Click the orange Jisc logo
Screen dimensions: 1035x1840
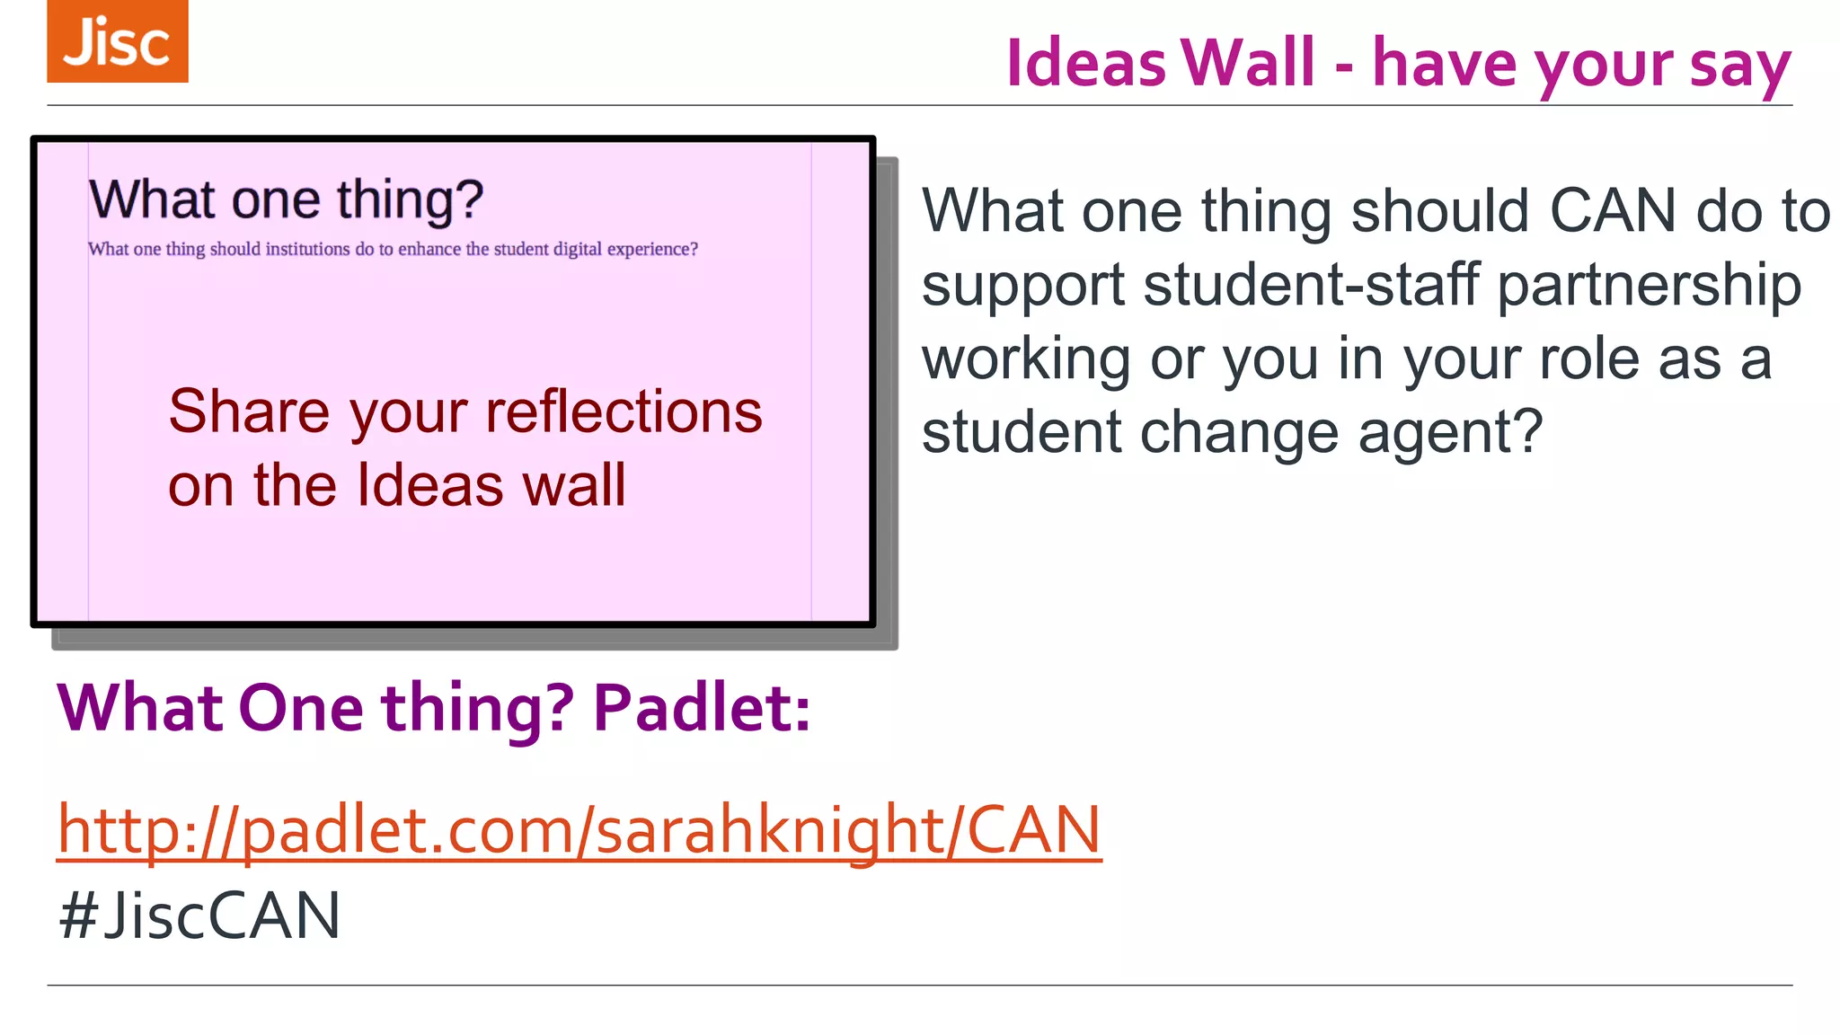[118, 41]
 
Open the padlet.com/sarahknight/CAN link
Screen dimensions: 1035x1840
[579, 829]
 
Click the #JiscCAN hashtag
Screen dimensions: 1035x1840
[199, 916]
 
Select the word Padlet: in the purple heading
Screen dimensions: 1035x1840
[702, 708]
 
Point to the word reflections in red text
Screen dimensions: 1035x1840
[624, 411]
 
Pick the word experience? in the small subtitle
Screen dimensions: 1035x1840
[652, 249]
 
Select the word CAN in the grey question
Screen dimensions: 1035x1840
[1613, 211]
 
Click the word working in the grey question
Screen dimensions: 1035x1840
[1026, 360]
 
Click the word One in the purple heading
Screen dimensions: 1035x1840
[301, 708]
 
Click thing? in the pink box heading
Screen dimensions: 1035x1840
[411, 199]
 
